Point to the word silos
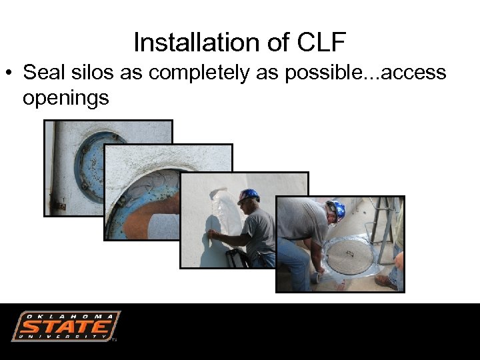pyautogui.click(x=95, y=72)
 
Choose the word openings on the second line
pyautogui.click(x=65, y=97)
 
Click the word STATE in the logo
pyautogui.click(x=64, y=327)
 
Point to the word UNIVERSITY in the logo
pyautogui.click(x=65, y=337)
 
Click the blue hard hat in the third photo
pyautogui.click(x=249, y=195)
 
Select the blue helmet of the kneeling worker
pyautogui.click(x=337, y=210)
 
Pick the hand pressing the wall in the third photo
pyautogui.click(x=211, y=234)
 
